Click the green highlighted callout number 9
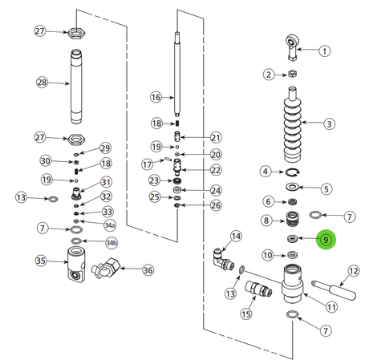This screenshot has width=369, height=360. [x=326, y=240]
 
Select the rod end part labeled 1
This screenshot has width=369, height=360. [x=291, y=47]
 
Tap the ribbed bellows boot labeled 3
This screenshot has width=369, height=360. [x=292, y=125]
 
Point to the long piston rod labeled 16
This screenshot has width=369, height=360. [x=176, y=75]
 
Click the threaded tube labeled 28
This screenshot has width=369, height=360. [x=76, y=86]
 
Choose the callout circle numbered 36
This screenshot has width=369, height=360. [x=148, y=270]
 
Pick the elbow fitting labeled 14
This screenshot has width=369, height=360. [x=224, y=259]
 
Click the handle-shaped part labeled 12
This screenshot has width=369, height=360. [x=334, y=290]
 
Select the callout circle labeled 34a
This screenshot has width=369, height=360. [x=110, y=225]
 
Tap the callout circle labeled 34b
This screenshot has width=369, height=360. [x=111, y=243]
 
